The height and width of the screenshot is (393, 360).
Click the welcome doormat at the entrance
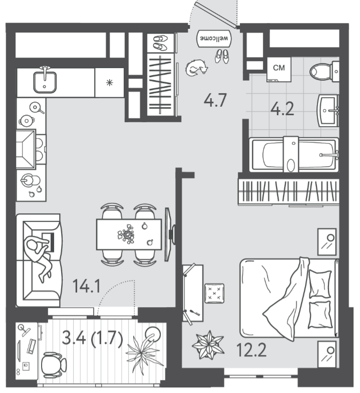[214, 39]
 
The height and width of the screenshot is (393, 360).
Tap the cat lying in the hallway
[197, 68]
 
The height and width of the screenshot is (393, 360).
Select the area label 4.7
[215, 100]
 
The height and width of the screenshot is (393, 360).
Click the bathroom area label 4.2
[282, 109]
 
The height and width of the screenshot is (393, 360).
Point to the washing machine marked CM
[279, 69]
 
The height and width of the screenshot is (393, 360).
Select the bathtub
[294, 155]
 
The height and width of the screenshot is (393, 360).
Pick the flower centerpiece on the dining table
[127, 234]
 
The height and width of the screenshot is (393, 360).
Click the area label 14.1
[87, 286]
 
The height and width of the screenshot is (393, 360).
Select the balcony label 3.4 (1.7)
[93, 338]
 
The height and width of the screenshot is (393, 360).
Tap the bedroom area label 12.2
[251, 350]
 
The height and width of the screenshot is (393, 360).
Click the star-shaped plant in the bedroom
[208, 344]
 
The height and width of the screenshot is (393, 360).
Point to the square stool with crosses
[214, 293]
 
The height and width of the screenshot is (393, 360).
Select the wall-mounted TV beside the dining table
[169, 234]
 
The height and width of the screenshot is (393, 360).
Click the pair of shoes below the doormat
[222, 56]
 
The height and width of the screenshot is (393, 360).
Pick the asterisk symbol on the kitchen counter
[109, 83]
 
